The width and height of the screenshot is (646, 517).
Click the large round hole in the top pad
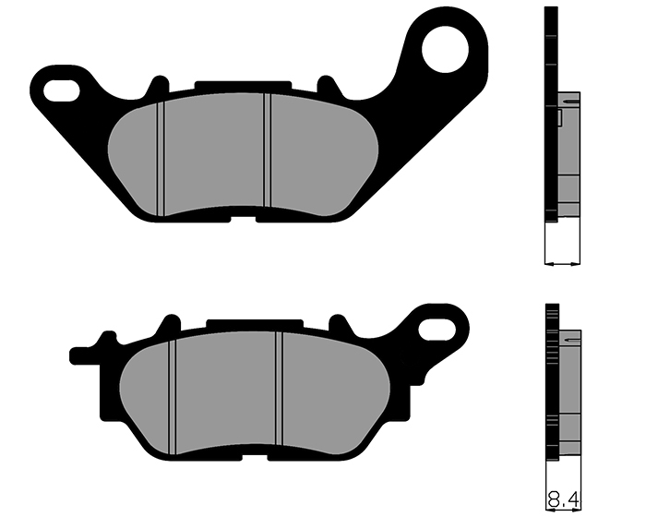point(446,49)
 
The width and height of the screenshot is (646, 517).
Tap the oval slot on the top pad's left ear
point(62,91)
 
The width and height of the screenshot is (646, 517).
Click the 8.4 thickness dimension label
point(563,500)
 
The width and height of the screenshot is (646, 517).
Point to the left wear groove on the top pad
point(161,159)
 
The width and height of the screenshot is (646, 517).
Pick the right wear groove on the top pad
point(268,150)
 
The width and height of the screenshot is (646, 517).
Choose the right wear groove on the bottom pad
point(279,389)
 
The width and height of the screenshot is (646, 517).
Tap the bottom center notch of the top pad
point(243,220)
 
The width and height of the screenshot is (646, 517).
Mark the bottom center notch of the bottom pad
point(255,457)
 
